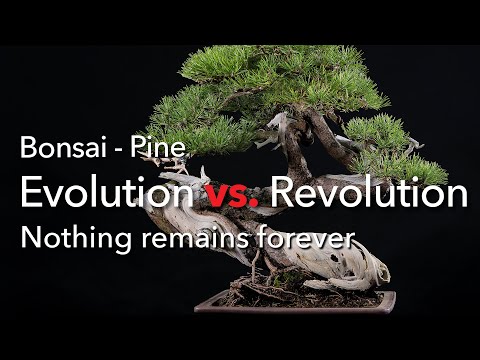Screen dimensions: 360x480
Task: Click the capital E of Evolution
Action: [30, 193]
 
